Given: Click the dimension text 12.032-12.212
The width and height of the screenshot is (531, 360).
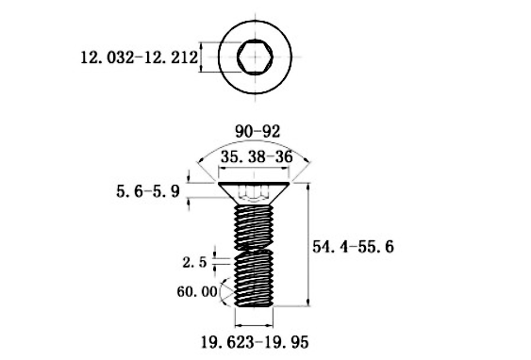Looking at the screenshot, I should tap(138, 58).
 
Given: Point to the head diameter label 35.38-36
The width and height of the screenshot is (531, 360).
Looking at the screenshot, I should tap(255, 157).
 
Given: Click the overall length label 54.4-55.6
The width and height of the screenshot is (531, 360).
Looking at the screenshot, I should tap(352, 246).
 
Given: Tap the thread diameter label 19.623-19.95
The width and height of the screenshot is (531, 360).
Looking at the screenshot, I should tap(254, 338).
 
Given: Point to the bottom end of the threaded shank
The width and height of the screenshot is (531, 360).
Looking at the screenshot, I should tap(252, 303).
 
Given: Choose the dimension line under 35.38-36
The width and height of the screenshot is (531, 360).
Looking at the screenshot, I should tap(254, 170).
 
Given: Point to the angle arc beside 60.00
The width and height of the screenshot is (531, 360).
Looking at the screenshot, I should tap(224, 291).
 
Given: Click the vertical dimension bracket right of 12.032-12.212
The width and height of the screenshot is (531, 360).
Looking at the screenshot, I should tap(201, 58).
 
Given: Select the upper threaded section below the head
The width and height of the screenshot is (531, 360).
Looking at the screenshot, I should tap(252, 224).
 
